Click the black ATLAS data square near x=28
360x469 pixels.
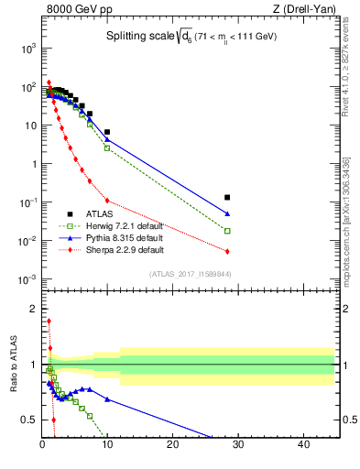(227, 197)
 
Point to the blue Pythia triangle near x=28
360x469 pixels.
(227, 214)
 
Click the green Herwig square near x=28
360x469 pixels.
(227, 231)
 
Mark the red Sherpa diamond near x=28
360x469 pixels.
(227, 251)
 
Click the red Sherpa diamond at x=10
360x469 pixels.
(107, 201)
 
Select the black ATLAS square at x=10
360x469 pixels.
(107, 132)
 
